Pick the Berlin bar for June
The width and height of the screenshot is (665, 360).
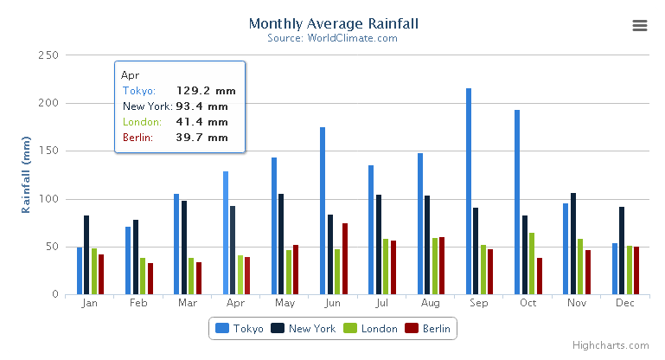[x=345, y=259]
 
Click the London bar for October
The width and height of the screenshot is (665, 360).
[x=532, y=263]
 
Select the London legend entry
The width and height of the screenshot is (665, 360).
[x=371, y=329]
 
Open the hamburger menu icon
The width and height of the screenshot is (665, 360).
[x=640, y=26]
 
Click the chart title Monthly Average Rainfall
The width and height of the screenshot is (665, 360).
[x=332, y=23]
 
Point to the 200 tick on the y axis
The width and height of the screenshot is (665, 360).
[x=47, y=103]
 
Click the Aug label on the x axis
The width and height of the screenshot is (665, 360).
[x=430, y=304]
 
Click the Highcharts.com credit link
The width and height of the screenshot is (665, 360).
[x=616, y=345]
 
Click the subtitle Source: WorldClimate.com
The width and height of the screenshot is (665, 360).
[x=332, y=38]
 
